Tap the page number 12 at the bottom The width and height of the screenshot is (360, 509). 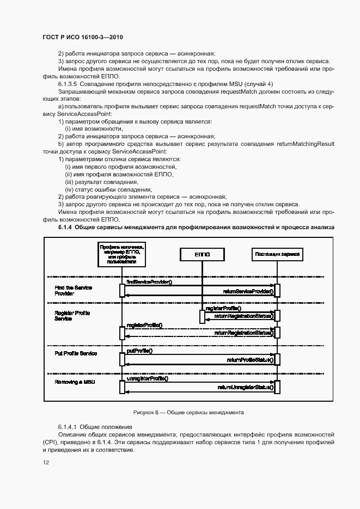coord(46,462)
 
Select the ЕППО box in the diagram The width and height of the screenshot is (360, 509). coord(202,254)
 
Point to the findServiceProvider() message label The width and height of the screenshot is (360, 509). coord(149,283)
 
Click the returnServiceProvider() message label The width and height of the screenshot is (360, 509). coord(248,292)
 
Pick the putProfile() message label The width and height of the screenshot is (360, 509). coord(139,351)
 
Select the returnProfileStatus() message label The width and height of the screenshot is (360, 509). coord(250,360)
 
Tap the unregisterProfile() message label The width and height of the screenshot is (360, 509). coord(147,378)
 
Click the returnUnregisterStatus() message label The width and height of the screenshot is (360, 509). coord(245,388)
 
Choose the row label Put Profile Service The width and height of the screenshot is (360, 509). coord(76,354)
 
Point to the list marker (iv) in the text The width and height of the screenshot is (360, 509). coord(69,189)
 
